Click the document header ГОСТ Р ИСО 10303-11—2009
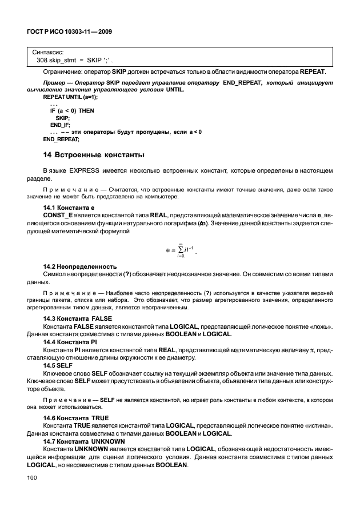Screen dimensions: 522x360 click(x=68, y=32)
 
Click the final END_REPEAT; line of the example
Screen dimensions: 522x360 click(x=61, y=138)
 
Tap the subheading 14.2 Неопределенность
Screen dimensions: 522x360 click(x=80, y=267)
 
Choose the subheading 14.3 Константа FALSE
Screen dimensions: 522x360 click(x=78, y=318)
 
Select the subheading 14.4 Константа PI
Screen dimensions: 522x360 click(x=71, y=341)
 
